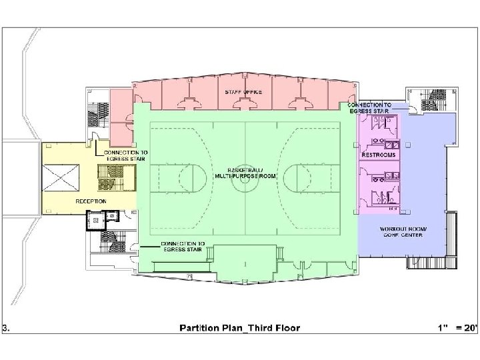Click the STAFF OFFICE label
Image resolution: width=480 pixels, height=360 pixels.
[243, 92]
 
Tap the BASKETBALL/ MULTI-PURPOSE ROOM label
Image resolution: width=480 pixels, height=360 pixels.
[245, 173]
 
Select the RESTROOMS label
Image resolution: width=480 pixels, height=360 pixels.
[379, 155]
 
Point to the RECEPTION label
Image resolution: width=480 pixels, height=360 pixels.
[91, 201]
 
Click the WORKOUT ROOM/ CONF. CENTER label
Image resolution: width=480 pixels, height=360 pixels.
[403, 232]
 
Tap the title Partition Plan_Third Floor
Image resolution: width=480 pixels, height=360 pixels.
[240, 328]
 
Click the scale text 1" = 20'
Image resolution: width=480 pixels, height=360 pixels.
[458, 327]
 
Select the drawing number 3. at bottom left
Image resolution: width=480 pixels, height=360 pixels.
[6, 328]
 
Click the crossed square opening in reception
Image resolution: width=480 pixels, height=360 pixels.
[61, 178]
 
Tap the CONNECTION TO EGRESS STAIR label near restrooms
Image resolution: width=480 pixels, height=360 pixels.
[369, 108]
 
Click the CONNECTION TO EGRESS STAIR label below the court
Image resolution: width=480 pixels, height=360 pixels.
[183, 247]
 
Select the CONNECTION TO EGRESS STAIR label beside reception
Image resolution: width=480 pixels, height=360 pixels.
[126, 155]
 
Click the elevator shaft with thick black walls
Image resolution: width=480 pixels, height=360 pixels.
[96, 220]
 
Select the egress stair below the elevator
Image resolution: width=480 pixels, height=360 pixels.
[113, 241]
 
